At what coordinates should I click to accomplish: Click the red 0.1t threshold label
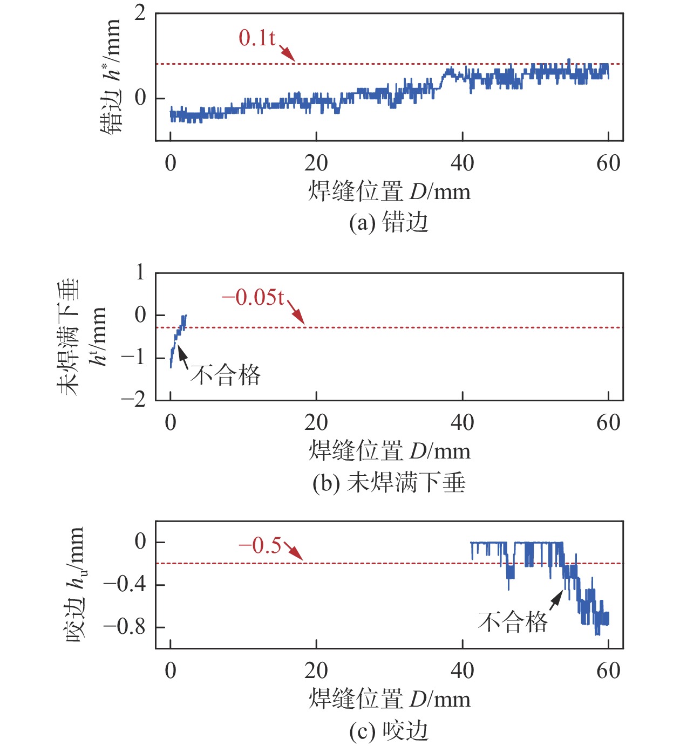coord(257,38)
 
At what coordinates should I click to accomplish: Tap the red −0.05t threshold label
coord(253,297)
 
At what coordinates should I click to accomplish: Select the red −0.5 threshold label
coord(260,545)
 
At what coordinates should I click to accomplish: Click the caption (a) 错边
coord(389,222)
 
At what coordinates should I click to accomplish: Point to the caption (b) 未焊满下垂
coord(389,482)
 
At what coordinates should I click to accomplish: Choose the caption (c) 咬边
coord(389,731)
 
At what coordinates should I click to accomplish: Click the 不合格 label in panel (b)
coord(226,374)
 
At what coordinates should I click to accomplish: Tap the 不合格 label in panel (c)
coord(513,622)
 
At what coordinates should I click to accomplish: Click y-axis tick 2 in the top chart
coord(140,13)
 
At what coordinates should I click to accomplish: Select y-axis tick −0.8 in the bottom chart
coord(125,627)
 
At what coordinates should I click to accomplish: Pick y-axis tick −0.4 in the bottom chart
coord(125,584)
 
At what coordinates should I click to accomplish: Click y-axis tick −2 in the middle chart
coord(133,400)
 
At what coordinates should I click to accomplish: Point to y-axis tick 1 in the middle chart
coord(140,272)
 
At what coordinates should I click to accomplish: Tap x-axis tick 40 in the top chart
coord(463,162)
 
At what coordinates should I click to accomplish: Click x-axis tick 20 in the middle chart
coord(316,422)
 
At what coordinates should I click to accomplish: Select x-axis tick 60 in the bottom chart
coord(608,670)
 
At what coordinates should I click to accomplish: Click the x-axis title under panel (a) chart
coord(389,191)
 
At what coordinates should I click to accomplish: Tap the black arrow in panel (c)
coord(556,600)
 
